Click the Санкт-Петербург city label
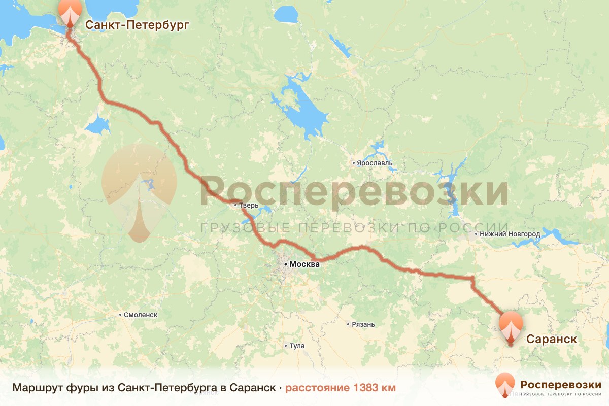pos(137,25)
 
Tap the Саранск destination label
pos(552,339)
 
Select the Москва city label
pos(304,264)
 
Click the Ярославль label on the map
pos(375,163)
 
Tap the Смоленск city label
pos(141,315)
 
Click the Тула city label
pos(297,346)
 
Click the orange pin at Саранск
pos(511,327)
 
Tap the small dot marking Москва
pos(286,264)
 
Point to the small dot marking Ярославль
pos(354,163)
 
